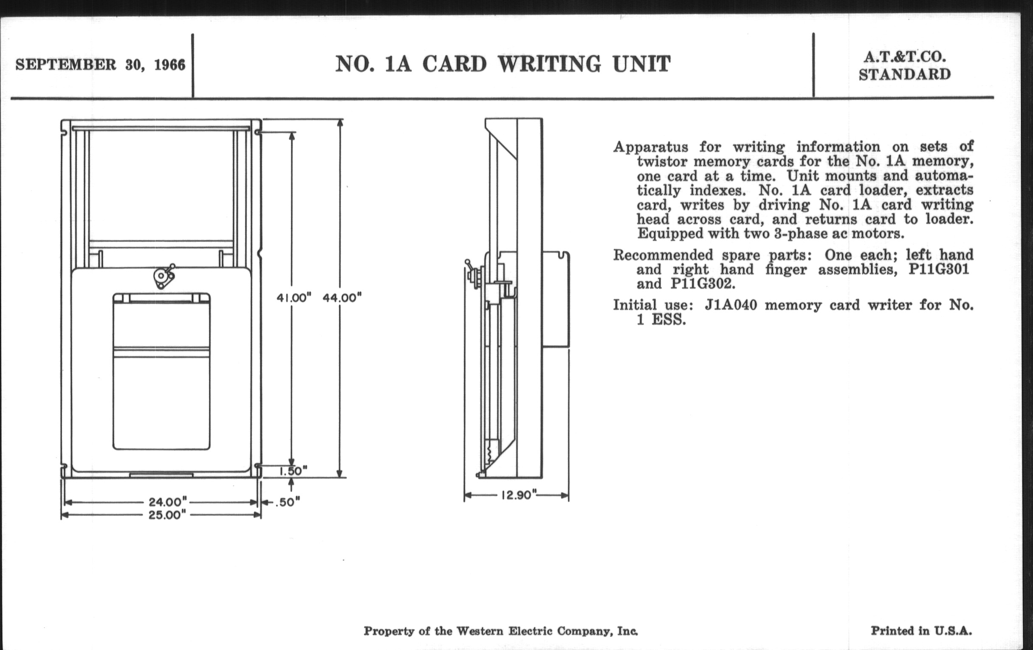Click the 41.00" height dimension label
pos(294,297)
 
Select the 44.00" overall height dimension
pos(342,297)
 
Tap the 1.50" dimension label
pos(294,471)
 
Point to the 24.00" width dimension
pos(168,502)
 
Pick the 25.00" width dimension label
pos(168,515)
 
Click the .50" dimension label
pos(287,502)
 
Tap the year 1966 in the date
pos(169,65)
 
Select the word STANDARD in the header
pos(905,75)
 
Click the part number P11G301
pos(939,269)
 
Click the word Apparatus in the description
pos(650,147)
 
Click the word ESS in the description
pos(669,320)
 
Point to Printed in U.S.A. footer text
pos(921,631)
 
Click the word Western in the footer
pos(480,631)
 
